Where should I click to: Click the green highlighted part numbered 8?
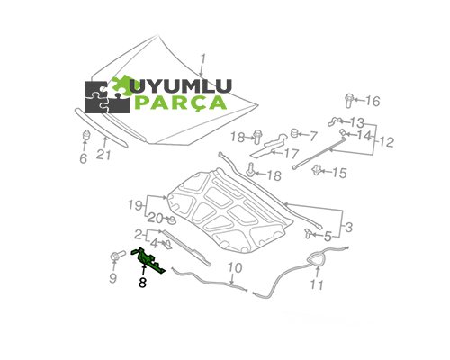point(148,261)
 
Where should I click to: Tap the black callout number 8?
point(142,283)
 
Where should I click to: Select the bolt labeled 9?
point(118,256)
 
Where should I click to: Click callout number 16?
point(373,101)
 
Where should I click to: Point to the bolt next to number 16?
point(349,101)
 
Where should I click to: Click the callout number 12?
point(386,141)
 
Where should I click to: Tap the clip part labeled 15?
point(316,170)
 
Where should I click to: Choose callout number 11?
point(317,284)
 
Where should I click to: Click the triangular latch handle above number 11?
point(316,259)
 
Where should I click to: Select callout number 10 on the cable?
point(235,268)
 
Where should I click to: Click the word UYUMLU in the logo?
point(183,86)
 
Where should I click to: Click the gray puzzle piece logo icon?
point(107,97)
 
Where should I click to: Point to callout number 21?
point(103,155)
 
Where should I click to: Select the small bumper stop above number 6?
point(86,135)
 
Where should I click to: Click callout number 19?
point(135,205)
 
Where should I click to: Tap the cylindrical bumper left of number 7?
point(294,133)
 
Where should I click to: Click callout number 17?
point(292,154)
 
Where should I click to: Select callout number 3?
point(349,228)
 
